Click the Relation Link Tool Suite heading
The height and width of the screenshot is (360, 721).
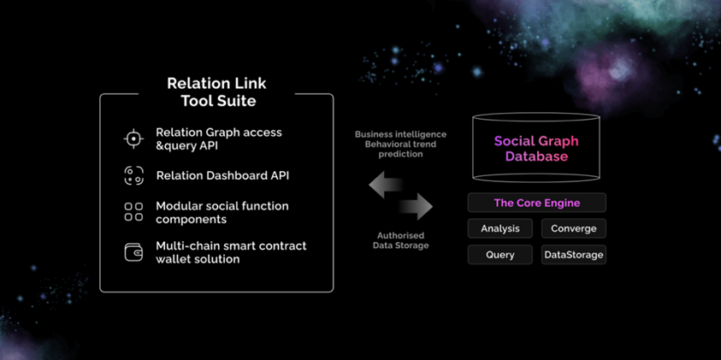click(216, 92)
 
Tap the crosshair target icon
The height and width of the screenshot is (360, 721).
click(133, 139)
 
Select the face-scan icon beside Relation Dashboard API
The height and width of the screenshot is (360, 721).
click(133, 175)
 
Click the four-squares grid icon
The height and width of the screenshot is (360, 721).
click(133, 212)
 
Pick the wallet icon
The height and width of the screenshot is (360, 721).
click(133, 252)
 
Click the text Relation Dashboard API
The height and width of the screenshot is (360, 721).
click(222, 175)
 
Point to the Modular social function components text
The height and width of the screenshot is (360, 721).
click(222, 212)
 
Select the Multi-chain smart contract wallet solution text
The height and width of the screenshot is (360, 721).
click(231, 252)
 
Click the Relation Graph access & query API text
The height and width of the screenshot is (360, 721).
click(219, 139)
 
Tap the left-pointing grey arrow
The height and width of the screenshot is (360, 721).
click(386, 185)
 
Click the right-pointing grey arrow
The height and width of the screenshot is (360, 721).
click(417, 206)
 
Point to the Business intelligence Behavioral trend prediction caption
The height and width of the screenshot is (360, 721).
click(400, 144)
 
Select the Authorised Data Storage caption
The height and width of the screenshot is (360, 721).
click(400, 240)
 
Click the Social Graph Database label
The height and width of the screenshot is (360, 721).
click(536, 149)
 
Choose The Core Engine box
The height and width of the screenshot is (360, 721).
click(536, 203)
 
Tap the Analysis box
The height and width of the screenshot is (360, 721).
click(500, 228)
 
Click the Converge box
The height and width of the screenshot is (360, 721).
click(573, 228)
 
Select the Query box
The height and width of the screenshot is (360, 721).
click(500, 255)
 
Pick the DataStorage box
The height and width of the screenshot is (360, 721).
click(573, 255)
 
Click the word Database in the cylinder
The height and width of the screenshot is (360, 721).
click(536, 156)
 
